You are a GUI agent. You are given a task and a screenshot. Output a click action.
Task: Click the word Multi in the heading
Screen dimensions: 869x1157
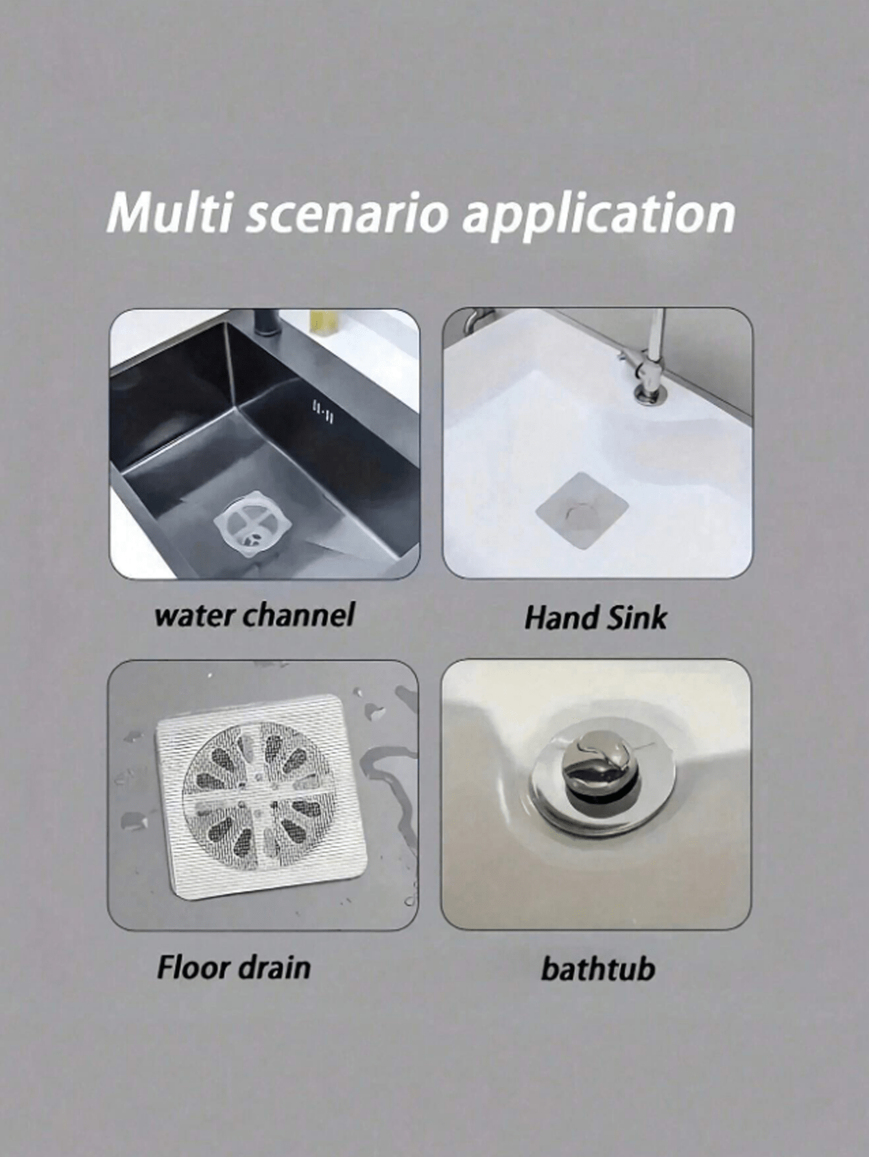tap(169, 212)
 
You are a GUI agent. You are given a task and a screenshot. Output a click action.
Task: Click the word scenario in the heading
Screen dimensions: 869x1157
tap(347, 215)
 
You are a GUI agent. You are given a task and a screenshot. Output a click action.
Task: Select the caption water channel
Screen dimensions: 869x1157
tap(254, 614)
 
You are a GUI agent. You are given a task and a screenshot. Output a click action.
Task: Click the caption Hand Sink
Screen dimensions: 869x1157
tap(595, 616)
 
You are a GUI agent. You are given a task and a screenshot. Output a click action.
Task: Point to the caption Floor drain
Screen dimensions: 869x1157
tap(233, 967)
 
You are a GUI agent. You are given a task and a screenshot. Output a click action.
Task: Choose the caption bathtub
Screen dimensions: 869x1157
tap(598, 968)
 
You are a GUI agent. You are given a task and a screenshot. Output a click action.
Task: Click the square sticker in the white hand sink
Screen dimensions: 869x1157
tap(582, 510)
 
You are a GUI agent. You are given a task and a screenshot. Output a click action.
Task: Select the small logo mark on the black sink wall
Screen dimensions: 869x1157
tap(322, 412)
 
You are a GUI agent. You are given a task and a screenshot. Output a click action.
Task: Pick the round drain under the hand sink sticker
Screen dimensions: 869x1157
tap(579, 511)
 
